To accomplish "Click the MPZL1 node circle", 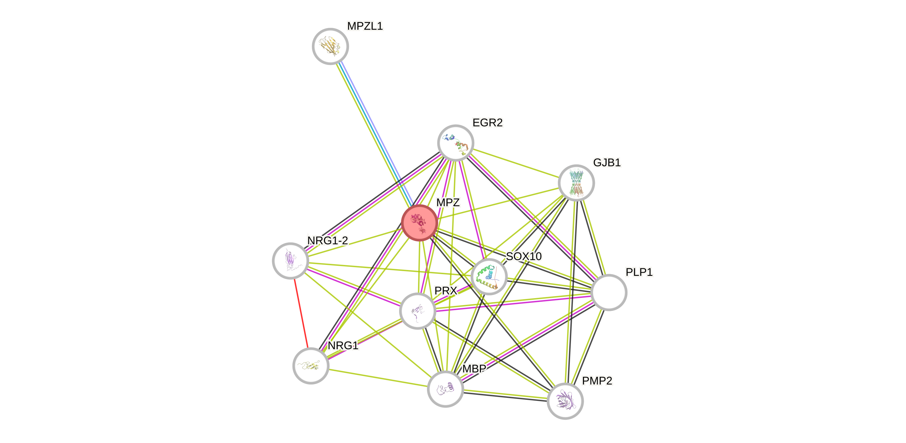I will [330, 46].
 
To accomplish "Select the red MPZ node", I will [419, 223].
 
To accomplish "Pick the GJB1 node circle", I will [576, 182].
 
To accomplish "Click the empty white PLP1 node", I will [609, 292].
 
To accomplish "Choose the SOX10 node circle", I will [489, 276].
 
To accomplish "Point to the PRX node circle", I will [417, 311].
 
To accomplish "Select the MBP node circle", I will [445, 389].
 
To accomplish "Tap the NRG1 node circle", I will [311, 366].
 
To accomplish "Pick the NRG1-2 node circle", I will [290, 261].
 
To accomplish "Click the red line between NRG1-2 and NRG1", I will [301, 313].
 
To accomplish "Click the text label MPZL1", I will [365, 26].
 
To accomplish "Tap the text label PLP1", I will [639, 272].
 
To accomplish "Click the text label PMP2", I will [597, 381].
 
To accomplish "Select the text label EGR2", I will [487, 123].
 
